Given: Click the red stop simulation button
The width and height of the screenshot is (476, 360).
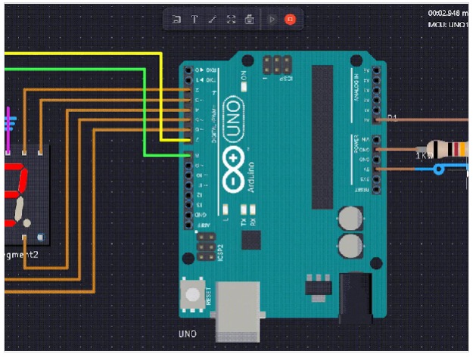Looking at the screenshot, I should pos(289,20).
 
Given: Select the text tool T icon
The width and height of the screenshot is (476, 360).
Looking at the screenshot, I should pos(194,20).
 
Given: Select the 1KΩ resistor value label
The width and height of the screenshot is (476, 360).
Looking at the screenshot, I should pos(425,156).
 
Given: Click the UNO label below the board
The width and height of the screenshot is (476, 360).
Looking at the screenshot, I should pos(188,334).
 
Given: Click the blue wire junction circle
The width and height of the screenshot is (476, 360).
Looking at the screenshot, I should pos(440,169).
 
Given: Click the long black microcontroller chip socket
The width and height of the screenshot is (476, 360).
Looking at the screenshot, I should pos(322,136).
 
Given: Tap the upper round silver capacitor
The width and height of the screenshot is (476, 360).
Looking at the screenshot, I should pos(349,219).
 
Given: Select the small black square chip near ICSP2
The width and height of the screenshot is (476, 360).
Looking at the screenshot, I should pos(249,240).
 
